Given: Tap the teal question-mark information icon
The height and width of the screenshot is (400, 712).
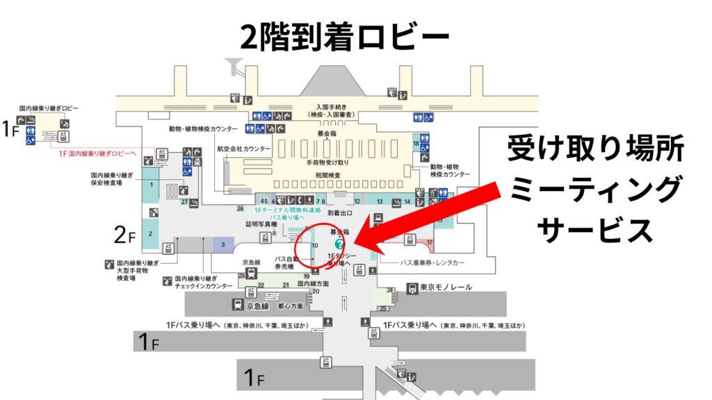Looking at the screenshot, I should (x=339, y=244).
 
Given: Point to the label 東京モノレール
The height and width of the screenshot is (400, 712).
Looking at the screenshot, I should (x=446, y=287).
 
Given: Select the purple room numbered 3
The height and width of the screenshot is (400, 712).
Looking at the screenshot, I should (x=222, y=244).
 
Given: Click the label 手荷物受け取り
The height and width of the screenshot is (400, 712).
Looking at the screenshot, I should (x=327, y=162).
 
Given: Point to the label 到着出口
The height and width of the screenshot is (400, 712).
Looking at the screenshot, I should (x=341, y=215).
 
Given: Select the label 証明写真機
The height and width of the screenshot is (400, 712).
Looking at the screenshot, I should (x=261, y=224).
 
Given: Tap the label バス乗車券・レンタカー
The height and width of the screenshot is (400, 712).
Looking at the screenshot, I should (x=436, y=263).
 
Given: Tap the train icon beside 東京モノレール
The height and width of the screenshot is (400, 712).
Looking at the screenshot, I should (x=413, y=287).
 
